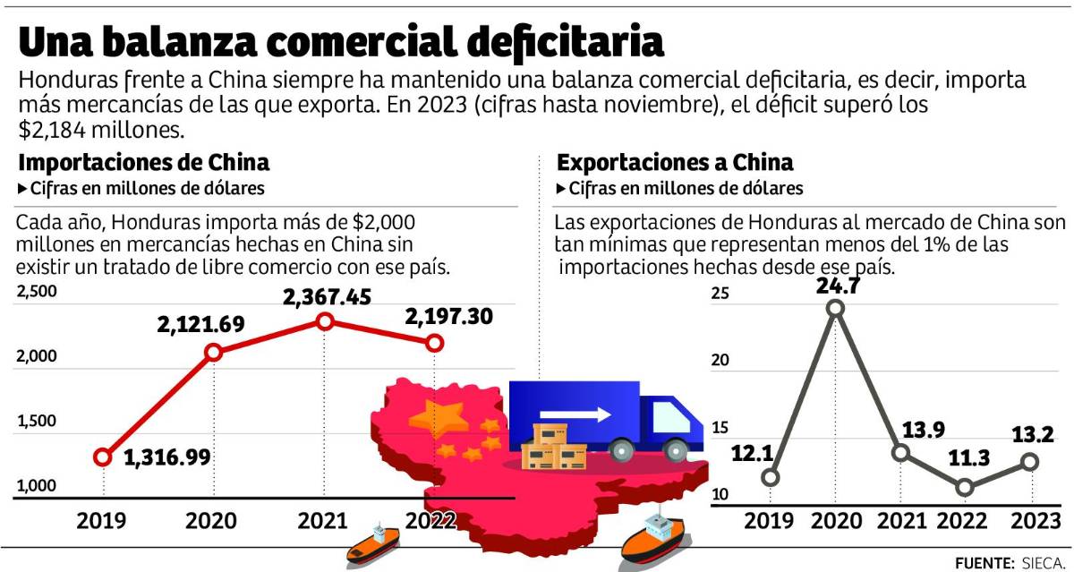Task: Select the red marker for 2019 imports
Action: pos(103,457)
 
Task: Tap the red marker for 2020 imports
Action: pos(213,353)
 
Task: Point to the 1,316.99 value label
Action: pos(166,457)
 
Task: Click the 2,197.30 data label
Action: pos(448,317)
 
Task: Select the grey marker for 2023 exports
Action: pos(1030,462)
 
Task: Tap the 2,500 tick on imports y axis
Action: pos(37,291)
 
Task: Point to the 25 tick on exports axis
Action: pos(720,294)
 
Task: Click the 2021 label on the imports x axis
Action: pos(325,521)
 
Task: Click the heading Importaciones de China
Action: pos(144,163)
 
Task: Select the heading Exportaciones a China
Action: pos(675,163)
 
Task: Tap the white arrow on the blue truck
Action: pos(587,414)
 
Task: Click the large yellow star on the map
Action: pos(445,418)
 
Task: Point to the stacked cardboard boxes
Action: pos(553,447)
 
